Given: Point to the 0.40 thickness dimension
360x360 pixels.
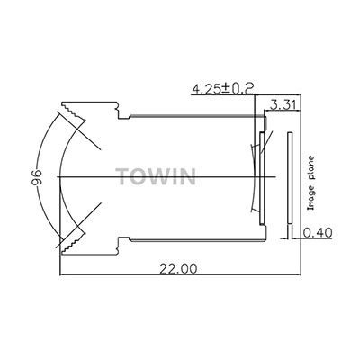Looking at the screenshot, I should pyautogui.click(x=318, y=234).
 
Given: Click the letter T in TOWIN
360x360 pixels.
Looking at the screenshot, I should pyautogui.click(x=123, y=174).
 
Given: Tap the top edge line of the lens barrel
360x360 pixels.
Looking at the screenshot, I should pyautogui.click(x=193, y=114).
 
